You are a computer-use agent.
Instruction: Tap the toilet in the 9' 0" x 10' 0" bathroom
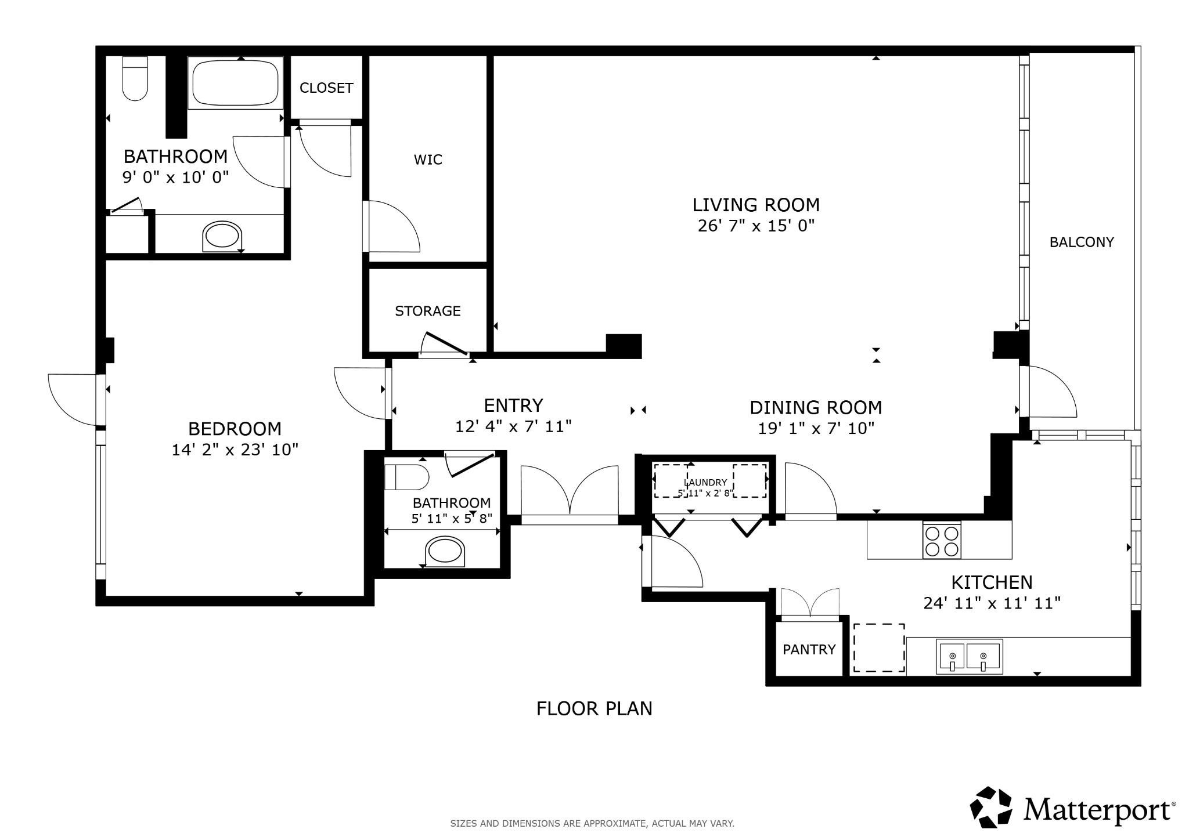click(x=135, y=79)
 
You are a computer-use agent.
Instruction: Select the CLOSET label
click(x=326, y=88)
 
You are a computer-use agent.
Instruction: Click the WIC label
click(x=428, y=160)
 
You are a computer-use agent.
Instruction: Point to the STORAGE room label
click(x=428, y=311)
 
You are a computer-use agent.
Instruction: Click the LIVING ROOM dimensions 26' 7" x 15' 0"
click(x=756, y=226)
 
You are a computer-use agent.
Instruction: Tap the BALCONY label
click(x=1082, y=242)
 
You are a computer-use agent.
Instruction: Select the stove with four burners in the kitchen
click(x=942, y=541)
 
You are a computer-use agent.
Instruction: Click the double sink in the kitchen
click(x=969, y=657)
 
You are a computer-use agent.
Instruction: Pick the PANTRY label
click(x=809, y=649)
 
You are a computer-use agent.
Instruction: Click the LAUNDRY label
click(x=706, y=482)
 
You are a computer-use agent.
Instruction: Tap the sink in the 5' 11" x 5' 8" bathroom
click(x=445, y=551)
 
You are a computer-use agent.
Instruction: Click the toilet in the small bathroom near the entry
click(x=406, y=477)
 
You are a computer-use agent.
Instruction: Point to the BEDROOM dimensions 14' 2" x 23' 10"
click(x=235, y=450)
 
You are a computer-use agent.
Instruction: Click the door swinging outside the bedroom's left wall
click(x=74, y=399)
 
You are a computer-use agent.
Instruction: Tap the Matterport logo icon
click(x=992, y=807)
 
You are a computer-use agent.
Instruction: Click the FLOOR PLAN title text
click(x=594, y=708)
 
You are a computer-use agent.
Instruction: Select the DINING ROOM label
click(x=816, y=407)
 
